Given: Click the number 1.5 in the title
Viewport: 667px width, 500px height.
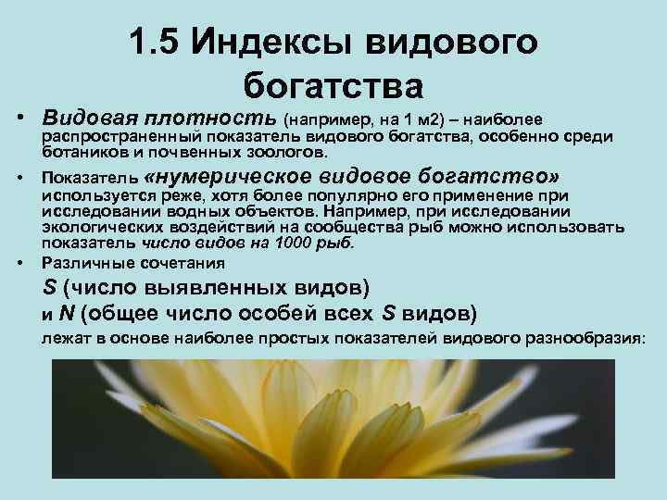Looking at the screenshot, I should click(156, 43).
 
